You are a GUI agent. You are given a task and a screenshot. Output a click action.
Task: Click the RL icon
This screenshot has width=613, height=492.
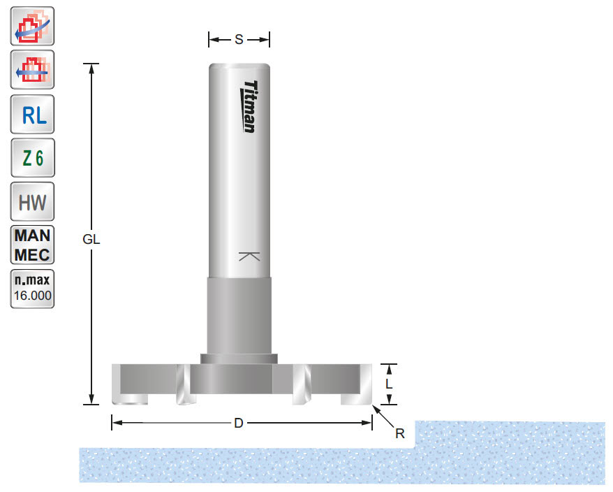(32, 115)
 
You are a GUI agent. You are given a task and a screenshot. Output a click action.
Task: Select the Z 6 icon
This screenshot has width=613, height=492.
(32, 159)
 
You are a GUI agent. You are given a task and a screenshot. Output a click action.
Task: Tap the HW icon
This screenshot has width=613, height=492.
(32, 203)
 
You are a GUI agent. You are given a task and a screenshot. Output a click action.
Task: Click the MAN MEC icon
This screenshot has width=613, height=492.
(32, 245)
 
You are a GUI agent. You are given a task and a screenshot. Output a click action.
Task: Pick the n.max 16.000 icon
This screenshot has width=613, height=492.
(32, 288)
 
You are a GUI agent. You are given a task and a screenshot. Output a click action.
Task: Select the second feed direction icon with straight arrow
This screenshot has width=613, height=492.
(32, 71)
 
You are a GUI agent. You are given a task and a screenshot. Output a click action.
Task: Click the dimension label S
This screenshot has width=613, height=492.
(239, 40)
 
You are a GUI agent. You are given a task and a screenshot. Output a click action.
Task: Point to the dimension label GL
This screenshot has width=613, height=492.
(92, 238)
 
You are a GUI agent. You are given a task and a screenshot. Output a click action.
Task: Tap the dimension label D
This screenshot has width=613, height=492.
(239, 424)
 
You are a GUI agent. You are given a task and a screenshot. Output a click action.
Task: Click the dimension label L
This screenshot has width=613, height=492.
(390, 384)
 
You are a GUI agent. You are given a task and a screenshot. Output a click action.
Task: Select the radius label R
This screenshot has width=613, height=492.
(400, 433)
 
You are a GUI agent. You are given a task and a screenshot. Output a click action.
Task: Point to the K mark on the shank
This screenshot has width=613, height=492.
(249, 256)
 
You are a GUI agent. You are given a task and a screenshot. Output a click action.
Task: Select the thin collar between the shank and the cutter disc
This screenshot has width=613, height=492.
(239, 358)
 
